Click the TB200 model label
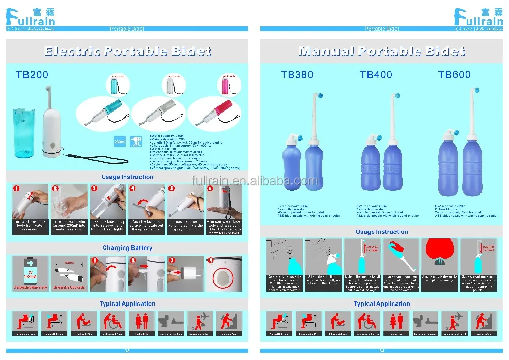pos(32,75)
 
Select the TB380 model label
pos(297,75)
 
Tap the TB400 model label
pos(376,75)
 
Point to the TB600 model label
pos(455,75)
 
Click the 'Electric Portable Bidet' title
pos(127,51)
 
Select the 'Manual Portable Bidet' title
pos(382,51)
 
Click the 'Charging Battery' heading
pos(127,248)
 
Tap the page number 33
pos(127,351)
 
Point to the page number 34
pos(382,351)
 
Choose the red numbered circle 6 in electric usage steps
pos(211,188)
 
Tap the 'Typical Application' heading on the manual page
pos(382,304)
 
